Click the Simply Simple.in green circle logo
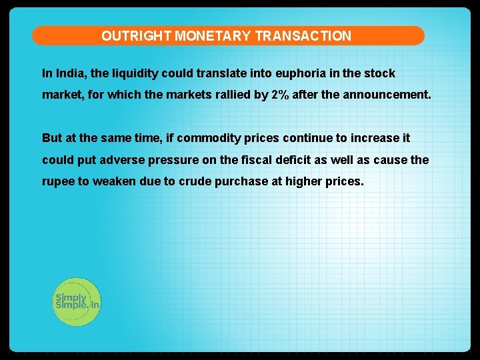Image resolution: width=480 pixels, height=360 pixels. [76, 301]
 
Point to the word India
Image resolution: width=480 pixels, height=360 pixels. [70, 73]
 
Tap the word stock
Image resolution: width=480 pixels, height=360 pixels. [380, 73]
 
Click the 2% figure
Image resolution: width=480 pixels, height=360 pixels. [280, 95]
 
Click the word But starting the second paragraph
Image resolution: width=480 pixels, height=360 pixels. [51, 138]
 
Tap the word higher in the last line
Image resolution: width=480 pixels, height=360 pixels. [304, 181]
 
